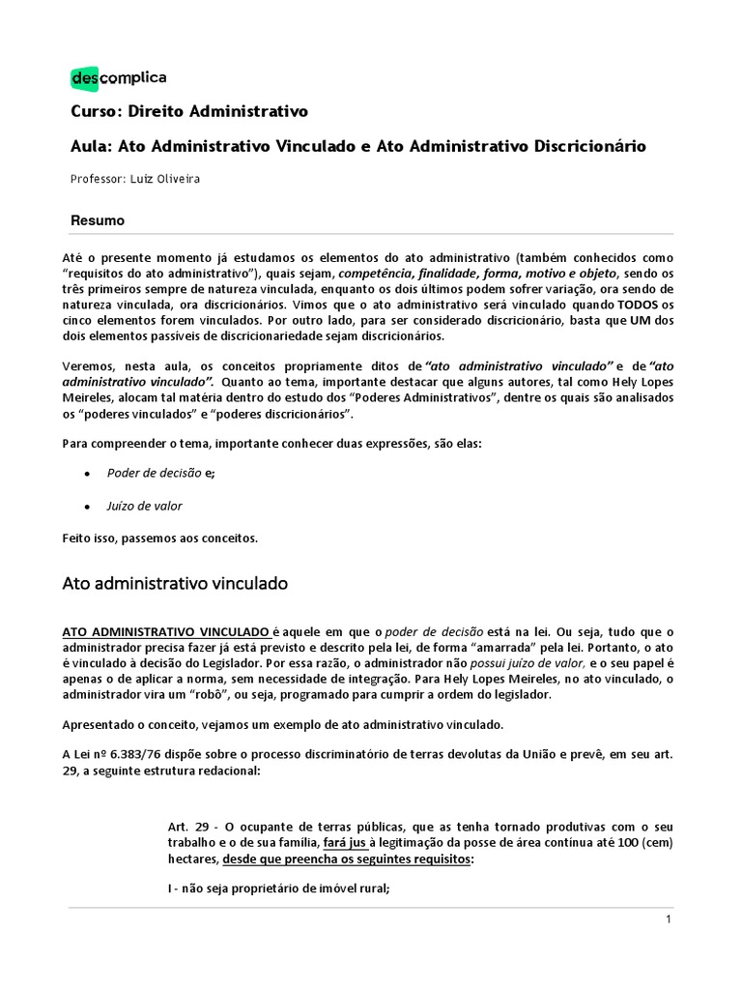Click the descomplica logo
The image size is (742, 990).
[119, 77]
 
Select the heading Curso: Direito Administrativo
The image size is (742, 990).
[189, 111]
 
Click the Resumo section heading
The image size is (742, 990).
[98, 220]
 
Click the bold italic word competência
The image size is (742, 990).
[378, 271]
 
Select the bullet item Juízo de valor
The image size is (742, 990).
[144, 506]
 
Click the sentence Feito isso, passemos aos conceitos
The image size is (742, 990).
[165, 538]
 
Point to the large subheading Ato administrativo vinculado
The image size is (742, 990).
[175, 584]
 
